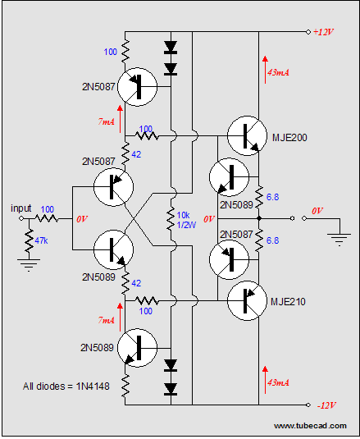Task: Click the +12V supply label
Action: (323, 32)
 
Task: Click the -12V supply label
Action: (326, 405)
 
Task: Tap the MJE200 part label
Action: (289, 138)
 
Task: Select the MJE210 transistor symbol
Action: (247, 300)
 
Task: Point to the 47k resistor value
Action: (41, 240)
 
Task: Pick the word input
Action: (21, 208)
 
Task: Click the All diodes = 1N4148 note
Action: (66, 386)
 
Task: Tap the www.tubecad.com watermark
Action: (310, 426)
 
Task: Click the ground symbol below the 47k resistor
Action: (29, 265)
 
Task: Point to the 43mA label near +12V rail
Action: (278, 72)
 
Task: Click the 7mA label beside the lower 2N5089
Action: (107, 320)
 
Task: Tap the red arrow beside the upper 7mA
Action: (120, 119)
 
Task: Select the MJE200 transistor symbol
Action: (247, 135)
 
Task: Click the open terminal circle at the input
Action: (21, 218)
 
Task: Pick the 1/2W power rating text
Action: (186, 225)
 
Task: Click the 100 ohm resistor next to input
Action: (47, 218)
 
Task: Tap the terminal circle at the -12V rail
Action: (308, 405)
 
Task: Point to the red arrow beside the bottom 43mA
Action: (265, 380)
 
